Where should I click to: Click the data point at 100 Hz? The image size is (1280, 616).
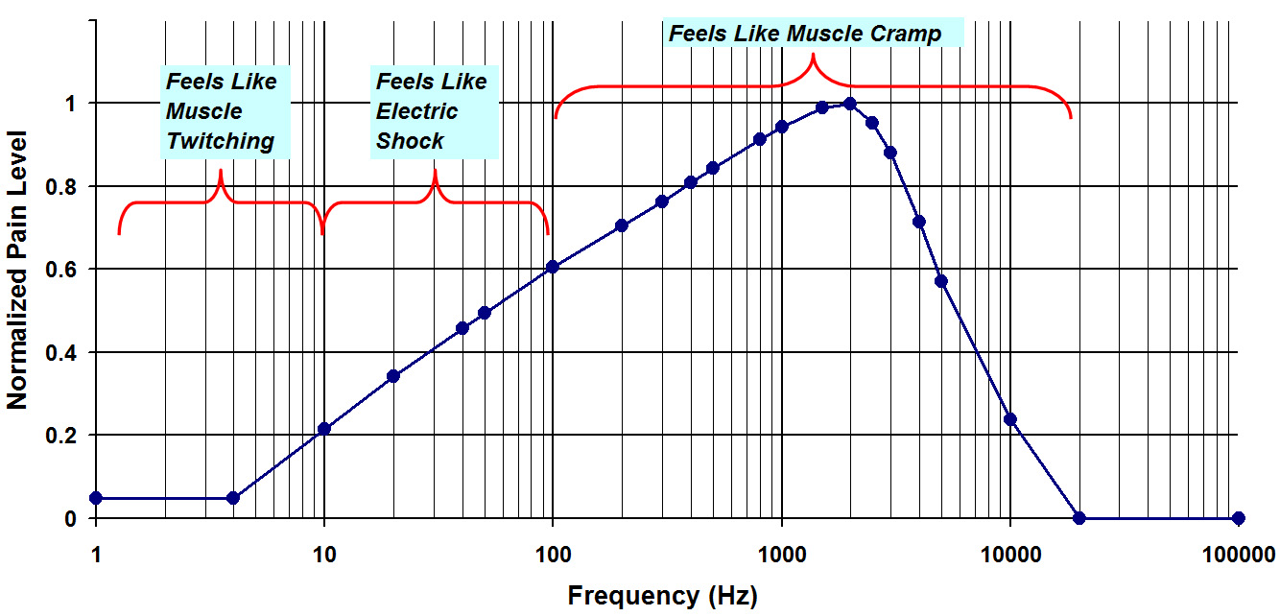click(x=553, y=267)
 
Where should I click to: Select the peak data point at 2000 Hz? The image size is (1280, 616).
click(x=849, y=104)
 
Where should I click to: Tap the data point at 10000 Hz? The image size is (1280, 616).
click(x=1009, y=419)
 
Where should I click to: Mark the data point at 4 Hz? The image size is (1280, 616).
click(x=233, y=498)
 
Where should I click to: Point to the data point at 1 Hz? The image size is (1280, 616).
click(x=95, y=498)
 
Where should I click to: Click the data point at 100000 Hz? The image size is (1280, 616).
click(x=1238, y=518)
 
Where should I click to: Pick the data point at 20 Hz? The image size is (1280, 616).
click(x=392, y=376)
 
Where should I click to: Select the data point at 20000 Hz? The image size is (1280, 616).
click(x=1079, y=518)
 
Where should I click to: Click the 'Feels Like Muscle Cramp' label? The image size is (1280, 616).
click(x=805, y=34)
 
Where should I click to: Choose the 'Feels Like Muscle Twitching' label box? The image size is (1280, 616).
click(x=222, y=111)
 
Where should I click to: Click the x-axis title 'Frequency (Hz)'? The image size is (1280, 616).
click(x=662, y=596)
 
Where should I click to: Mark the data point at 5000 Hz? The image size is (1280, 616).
click(x=941, y=281)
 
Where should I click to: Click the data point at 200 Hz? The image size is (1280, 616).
click(x=622, y=225)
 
